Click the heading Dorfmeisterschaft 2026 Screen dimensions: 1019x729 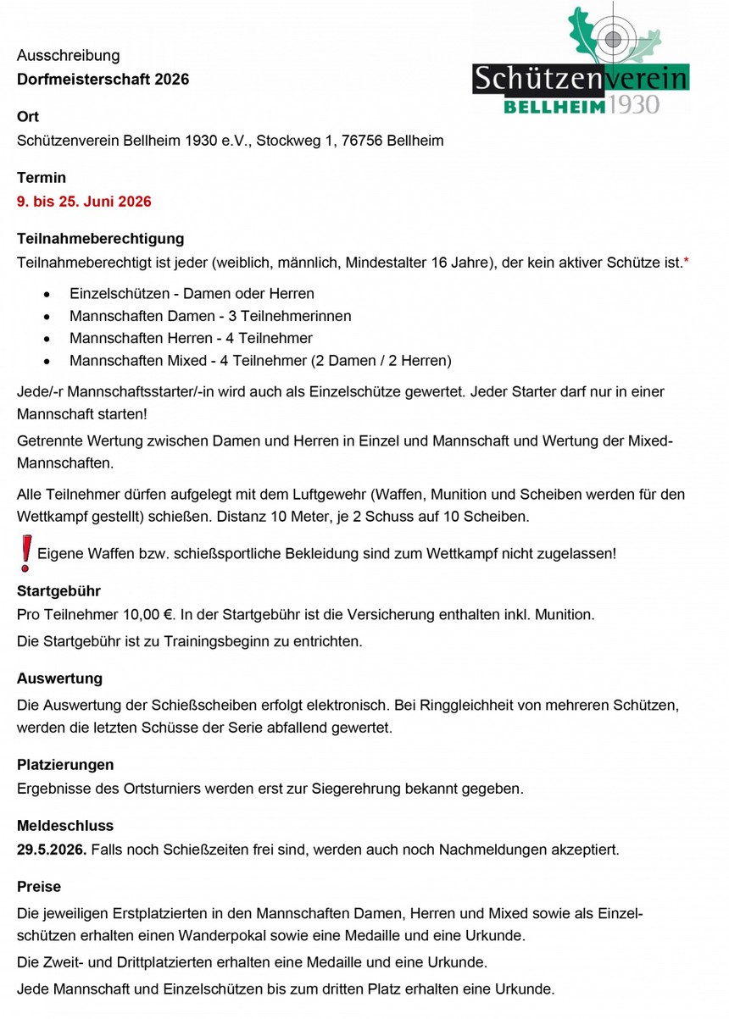point(103,79)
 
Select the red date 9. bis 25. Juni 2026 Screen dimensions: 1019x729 point(84,202)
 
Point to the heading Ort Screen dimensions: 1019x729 point(28,117)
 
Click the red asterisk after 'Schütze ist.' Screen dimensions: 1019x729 point(686,263)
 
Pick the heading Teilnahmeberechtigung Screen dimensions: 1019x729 point(100,240)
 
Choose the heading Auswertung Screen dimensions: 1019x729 point(59,678)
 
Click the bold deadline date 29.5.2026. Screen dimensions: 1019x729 point(51,849)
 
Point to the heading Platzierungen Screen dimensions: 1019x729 point(65,765)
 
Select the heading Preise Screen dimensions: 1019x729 point(39,887)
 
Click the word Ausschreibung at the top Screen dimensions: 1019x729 point(69,56)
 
